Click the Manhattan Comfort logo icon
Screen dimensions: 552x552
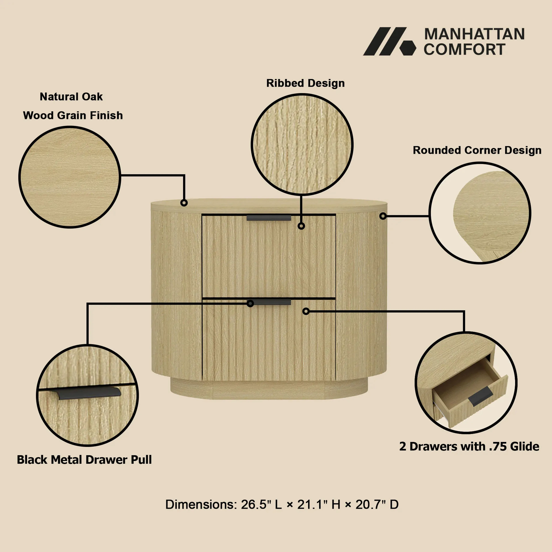pyautogui.click(x=389, y=41)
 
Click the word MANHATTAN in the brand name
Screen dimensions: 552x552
pyautogui.click(x=474, y=34)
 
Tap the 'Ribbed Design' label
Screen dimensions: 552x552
pyautogui.click(x=305, y=83)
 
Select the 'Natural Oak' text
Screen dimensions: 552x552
pyautogui.click(x=71, y=97)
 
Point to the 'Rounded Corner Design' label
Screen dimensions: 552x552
pyautogui.click(x=477, y=150)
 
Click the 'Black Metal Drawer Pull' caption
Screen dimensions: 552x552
pyautogui.click(x=84, y=460)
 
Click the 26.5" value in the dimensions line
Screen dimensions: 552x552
pyautogui.click(x=256, y=505)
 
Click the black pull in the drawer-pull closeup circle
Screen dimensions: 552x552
pyautogui.click(x=89, y=393)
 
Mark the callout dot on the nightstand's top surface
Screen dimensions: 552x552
pyautogui.click(x=184, y=203)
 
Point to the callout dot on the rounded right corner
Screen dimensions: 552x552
pyautogui.click(x=383, y=216)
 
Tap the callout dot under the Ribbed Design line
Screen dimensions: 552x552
pyautogui.click(x=301, y=226)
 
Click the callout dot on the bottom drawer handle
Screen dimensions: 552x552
pyautogui.click(x=250, y=303)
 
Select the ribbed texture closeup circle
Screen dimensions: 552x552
pyautogui.click(x=302, y=145)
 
